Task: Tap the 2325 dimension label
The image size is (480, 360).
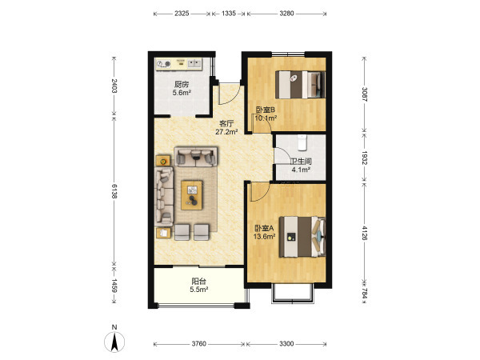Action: click(x=182, y=14)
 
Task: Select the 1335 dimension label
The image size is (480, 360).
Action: click(x=229, y=14)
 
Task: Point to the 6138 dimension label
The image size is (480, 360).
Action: click(x=114, y=191)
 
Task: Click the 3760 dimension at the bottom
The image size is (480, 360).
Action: click(x=199, y=344)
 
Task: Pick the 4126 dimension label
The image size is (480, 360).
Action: click(x=364, y=233)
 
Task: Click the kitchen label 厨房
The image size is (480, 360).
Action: click(x=182, y=84)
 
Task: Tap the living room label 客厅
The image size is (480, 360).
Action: click(x=226, y=124)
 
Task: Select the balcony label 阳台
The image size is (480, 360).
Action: click(x=198, y=281)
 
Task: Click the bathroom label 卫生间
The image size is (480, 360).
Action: click(x=301, y=162)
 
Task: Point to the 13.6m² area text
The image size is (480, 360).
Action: click(x=265, y=236)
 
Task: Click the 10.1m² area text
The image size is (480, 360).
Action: click(x=266, y=118)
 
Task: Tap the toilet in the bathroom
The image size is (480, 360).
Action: click(x=302, y=142)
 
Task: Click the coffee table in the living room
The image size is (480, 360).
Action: click(x=192, y=195)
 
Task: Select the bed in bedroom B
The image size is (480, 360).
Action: click(x=300, y=85)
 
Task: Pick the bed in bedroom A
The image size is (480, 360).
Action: click(x=302, y=237)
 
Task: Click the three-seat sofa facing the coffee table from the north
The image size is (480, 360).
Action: click(x=196, y=157)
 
